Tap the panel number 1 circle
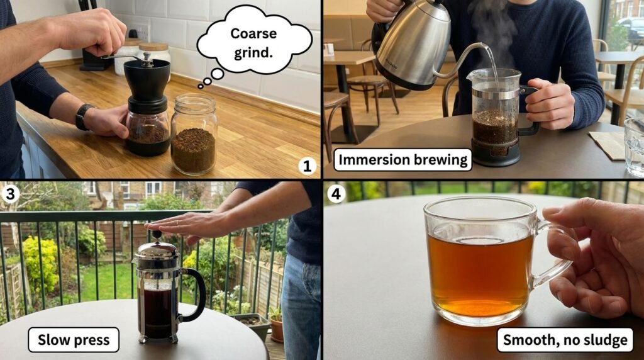click(x=307, y=166)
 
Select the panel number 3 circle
click(x=10, y=194)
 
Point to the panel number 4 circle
click(x=336, y=193)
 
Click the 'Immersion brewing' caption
click(x=402, y=159)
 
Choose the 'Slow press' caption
click(x=74, y=340)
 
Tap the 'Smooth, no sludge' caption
click(x=565, y=340)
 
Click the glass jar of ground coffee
click(x=194, y=135)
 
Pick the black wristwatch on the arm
click(x=83, y=116)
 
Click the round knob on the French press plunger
click(x=157, y=235)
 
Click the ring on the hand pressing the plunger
click(x=177, y=222)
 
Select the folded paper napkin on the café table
click(x=607, y=144)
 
